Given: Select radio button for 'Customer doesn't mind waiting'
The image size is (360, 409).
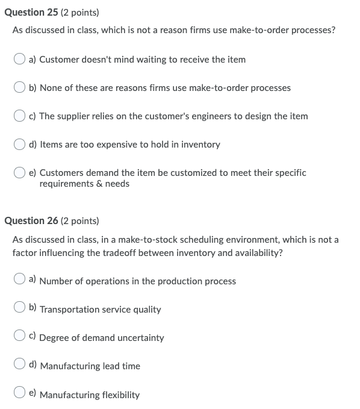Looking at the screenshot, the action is coord(20,59).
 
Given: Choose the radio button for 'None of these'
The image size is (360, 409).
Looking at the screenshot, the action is coord(20,87).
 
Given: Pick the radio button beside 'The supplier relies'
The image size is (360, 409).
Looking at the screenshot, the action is coord(20,116).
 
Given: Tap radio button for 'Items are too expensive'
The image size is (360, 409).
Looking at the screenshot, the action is coord(20,144).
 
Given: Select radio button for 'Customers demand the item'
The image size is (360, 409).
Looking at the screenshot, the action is coord(20,173).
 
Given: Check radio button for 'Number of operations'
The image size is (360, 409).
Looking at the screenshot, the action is coord(20,279).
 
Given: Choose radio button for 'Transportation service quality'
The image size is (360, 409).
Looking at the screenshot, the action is coord(20,308).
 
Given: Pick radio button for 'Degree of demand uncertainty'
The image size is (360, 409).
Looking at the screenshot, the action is coord(20,336).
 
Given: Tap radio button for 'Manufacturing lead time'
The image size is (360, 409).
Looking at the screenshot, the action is coord(20,364).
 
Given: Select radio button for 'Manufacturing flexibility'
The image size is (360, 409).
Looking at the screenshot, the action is coord(20,393).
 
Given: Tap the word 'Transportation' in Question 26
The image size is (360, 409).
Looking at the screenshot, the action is coord(69,310).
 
